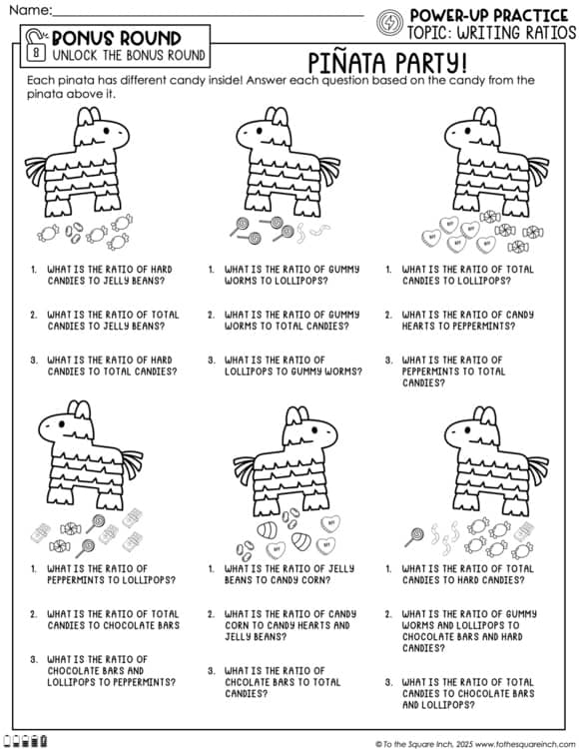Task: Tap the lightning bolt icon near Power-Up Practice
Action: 389,21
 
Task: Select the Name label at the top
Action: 27,9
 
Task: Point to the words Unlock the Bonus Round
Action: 129,54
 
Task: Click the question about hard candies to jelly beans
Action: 110,276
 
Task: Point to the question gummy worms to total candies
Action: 290,321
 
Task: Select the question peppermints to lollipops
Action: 110,574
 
